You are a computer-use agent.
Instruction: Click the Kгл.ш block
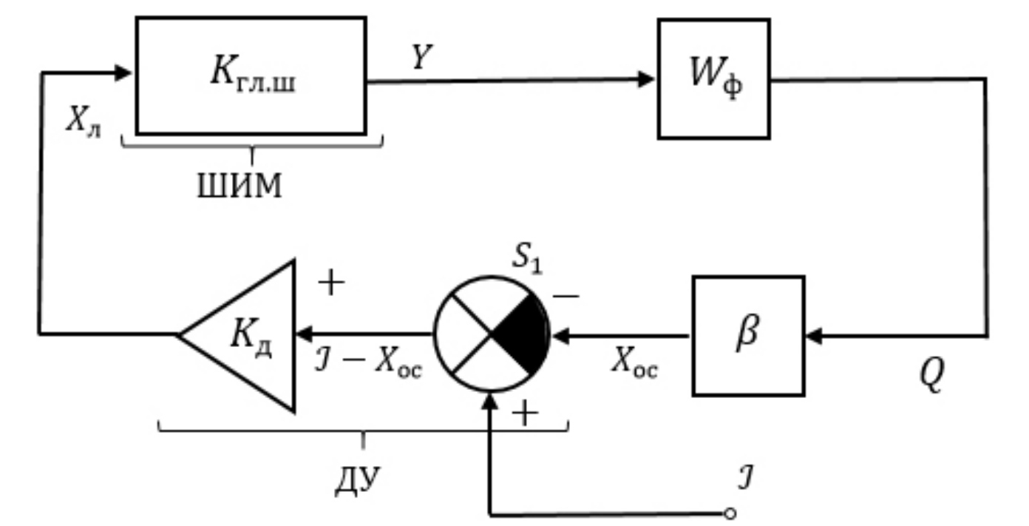[251, 75]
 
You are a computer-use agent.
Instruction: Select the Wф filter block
[713, 79]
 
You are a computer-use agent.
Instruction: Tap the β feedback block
[748, 335]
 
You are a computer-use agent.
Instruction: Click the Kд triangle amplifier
[244, 334]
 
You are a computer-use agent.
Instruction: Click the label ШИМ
[239, 187]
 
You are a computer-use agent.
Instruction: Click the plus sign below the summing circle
[524, 415]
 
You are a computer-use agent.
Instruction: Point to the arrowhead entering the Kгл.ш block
[125, 72]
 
